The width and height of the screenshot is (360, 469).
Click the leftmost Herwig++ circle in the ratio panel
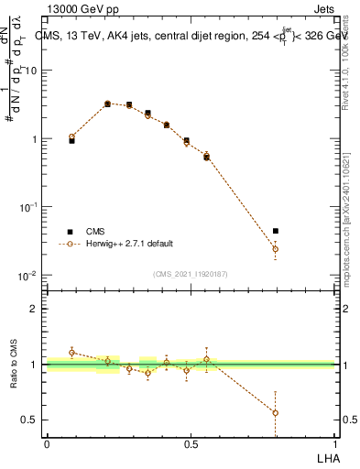(x=71, y=353)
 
